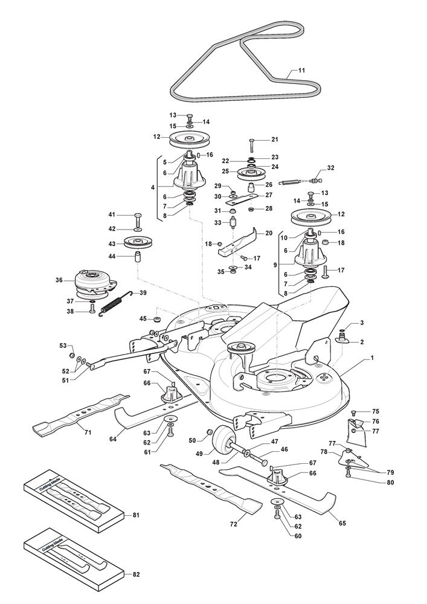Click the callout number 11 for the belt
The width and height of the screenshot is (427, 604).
301,71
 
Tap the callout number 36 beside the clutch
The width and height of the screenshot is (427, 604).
59,280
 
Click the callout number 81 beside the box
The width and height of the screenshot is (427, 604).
136,515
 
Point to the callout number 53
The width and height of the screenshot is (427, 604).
62,345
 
